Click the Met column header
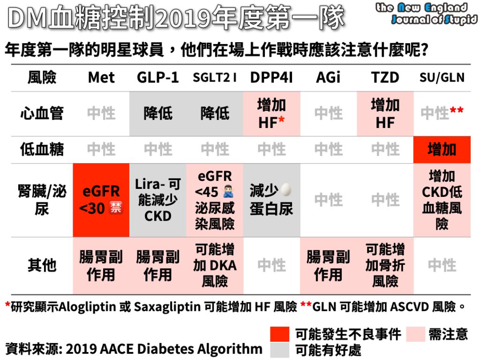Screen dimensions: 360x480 click(101, 77)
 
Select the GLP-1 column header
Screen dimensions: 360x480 click(158, 77)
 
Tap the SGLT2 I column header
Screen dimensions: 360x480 click(215, 77)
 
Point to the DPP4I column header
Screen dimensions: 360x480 click(271, 77)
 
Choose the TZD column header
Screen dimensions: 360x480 click(385, 77)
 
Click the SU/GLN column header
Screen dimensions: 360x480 click(442, 77)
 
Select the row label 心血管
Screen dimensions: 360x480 click(42, 113)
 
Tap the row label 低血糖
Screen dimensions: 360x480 click(42, 150)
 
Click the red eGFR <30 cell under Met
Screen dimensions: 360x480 click(101, 200)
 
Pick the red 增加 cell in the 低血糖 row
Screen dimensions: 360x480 click(442, 150)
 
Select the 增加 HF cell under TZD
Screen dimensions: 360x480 click(385, 113)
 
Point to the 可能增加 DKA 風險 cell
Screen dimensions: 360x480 click(215, 265)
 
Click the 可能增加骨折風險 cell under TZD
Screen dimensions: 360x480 click(385, 265)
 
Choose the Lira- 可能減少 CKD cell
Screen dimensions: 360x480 click(158, 200)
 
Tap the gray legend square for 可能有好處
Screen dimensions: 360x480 click(280, 350)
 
